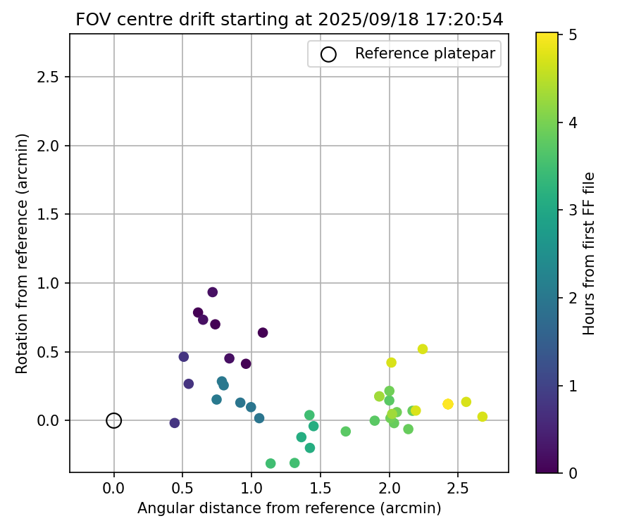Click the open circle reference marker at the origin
pos(114,420)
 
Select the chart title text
pos(290,20)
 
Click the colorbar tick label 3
pos(573,209)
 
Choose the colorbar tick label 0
pos(573,472)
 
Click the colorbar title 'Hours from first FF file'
pos(590,253)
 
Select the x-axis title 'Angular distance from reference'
pos(289,508)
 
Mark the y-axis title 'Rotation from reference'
pos(23,253)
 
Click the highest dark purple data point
pos(213,292)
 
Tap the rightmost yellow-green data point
pos(483,417)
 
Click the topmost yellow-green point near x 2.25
pos(423,349)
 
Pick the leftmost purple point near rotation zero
pos(175,423)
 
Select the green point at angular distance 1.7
pos(346,432)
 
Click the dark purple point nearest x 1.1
pos(263,332)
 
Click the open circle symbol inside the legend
pos(328,54)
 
